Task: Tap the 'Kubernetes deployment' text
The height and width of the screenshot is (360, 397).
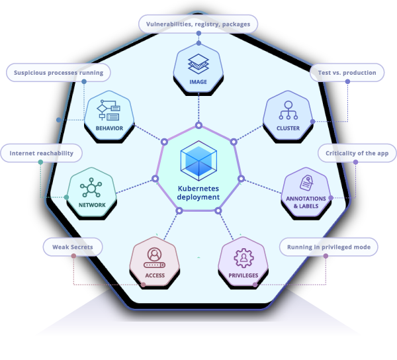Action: click(198, 193)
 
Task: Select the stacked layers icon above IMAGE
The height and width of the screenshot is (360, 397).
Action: click(198, 64)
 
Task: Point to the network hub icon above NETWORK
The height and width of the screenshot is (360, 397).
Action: click(92, 188)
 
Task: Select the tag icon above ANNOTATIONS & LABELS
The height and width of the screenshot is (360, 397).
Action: click(306, 183)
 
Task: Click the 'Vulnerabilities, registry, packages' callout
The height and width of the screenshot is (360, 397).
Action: click(198, 24)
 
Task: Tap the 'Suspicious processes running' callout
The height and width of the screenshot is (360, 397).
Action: click(58, 72)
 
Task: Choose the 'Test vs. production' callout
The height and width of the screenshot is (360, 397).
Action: click(347, 72)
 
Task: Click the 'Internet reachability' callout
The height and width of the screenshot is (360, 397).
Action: click(41, 153)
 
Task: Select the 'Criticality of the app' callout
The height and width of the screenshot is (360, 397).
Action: click(357, 153)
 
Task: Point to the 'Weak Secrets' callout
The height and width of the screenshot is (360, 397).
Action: click(73, 247)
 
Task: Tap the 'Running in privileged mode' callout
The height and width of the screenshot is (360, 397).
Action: click(329, 247)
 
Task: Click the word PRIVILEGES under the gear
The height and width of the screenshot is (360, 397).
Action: click(243, 275)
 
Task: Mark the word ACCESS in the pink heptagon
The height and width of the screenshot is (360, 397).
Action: click(154, 275)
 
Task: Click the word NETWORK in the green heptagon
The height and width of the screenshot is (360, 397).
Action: click(92, 205)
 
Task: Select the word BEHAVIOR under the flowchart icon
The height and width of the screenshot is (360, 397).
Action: click(109, 128)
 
